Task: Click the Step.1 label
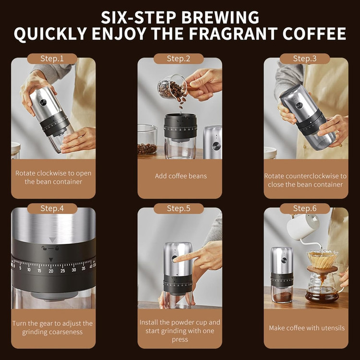pos(52,59)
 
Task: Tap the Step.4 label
pos(52,208)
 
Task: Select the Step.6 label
pos(305,208)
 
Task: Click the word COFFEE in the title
pos(314,34)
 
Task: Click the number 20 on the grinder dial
pos(51,271)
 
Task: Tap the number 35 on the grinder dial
pos(84,268)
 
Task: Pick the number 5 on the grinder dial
pos(20,268)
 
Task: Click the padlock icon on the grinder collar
pos(57,248)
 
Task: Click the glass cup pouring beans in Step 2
pos(172,87)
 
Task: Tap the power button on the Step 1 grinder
pos(43,103)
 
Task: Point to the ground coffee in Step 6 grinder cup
pos(283,297)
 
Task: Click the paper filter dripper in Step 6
pos(323,259)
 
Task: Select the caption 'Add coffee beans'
pos(180,176)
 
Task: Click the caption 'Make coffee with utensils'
pos(307,328)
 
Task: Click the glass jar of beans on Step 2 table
pos(147,142)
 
